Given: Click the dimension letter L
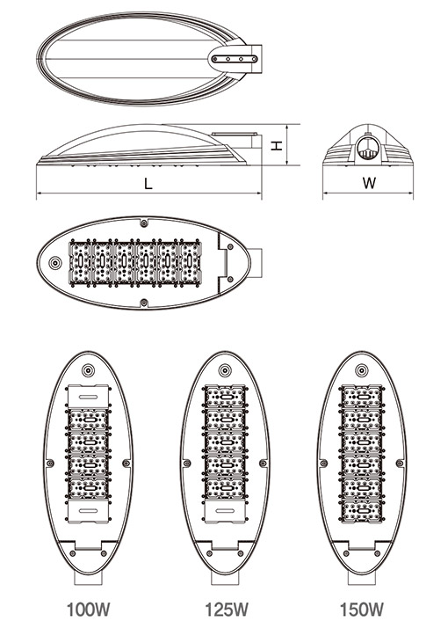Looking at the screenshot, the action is point(148,184).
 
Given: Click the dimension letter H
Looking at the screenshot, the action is point(277,145).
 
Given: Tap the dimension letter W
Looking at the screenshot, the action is point(369,183).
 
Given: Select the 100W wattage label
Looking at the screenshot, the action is point(88,610).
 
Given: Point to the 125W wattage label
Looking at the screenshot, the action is point(227,610).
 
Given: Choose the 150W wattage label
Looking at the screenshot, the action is point(362,610).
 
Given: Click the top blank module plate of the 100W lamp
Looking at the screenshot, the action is point(88,397).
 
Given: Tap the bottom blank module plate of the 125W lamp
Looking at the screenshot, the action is point(225,511).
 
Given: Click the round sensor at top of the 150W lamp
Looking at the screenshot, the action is point(362,369).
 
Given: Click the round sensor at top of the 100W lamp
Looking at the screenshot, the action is point(88,369).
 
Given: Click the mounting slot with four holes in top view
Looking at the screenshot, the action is point(235,59).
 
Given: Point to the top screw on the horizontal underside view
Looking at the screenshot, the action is point(144,222).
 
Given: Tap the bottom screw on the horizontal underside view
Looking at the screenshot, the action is point(144,303).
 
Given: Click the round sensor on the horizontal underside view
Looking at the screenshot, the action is point(54,263).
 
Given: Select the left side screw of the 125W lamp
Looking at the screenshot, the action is point(186,464).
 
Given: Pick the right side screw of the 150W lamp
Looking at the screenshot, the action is point(400,464).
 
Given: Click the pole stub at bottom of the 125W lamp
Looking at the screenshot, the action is point(225,578).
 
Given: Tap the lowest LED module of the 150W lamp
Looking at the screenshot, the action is point(362,511).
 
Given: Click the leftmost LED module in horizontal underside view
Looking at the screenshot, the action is point(81,262).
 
